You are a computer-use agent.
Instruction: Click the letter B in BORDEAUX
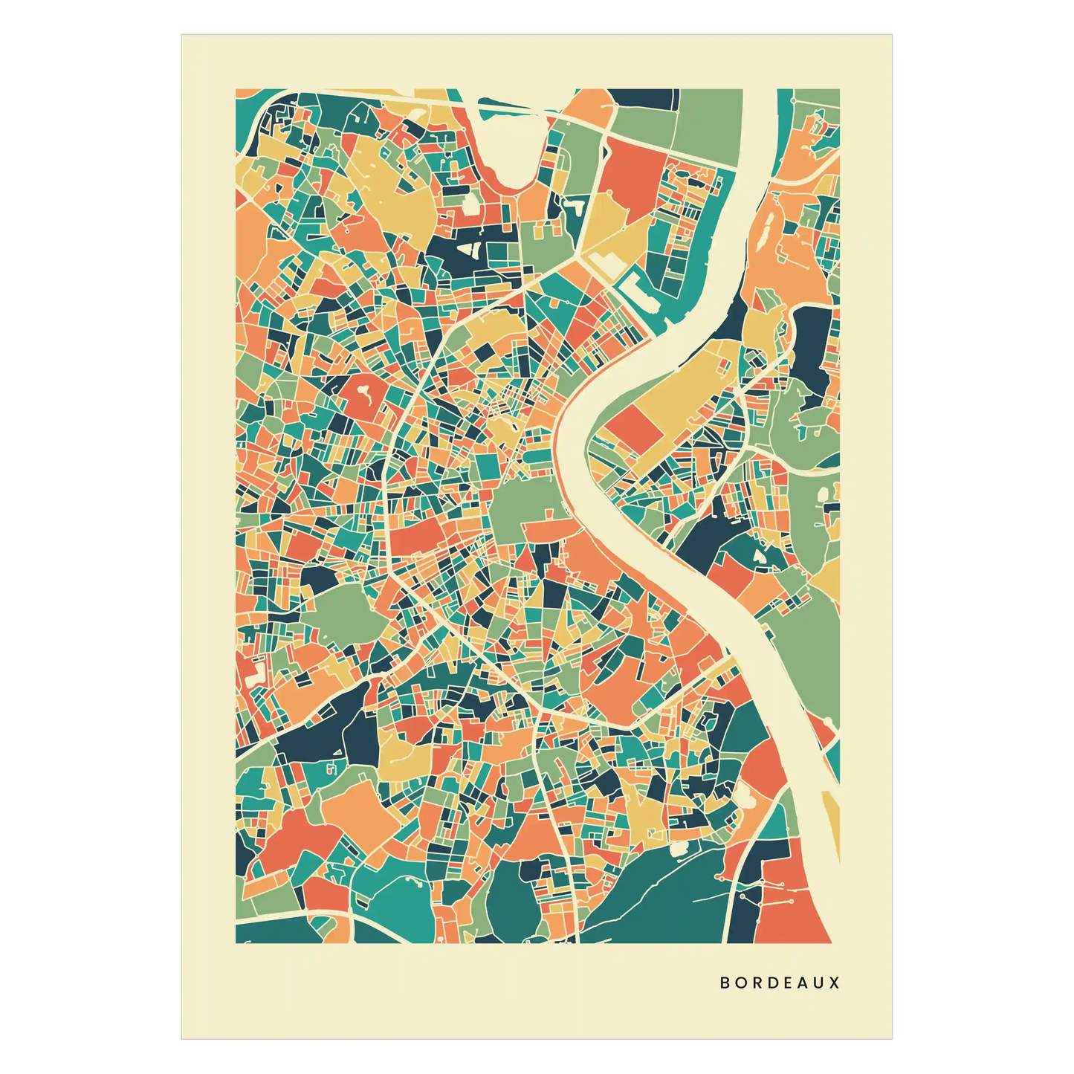[x=725, y=983]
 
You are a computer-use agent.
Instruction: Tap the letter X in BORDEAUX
[x=835, y=983]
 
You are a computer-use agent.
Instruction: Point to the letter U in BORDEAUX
[x=818, y=983]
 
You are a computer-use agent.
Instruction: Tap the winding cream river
[x=595, y=483]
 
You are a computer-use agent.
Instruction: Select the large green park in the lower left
[x=342, y=617]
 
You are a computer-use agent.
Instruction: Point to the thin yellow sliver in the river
[x=829, y=818]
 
